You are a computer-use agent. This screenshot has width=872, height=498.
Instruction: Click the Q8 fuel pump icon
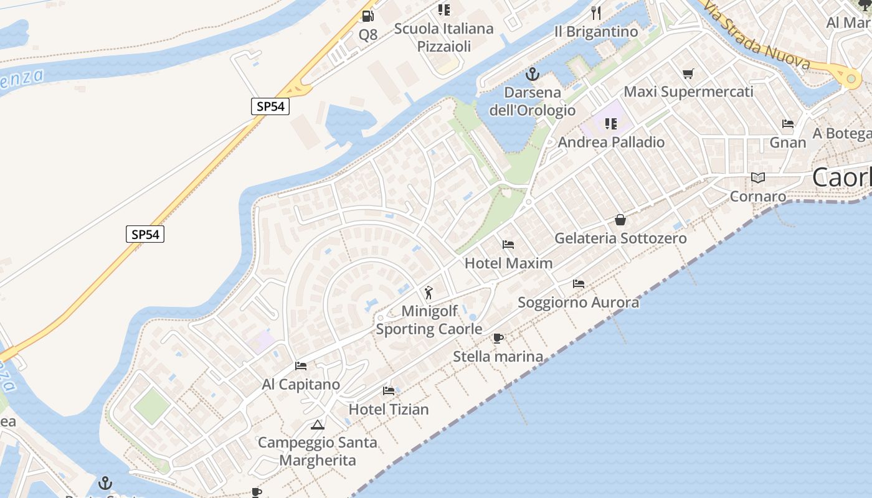pyautogui.click(x=368, y=16)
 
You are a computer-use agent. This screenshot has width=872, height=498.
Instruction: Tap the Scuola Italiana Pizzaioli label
pyautogui.click(x=443, y=37)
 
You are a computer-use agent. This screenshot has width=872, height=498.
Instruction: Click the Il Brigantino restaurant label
pyautogui.click(x=596, y=32)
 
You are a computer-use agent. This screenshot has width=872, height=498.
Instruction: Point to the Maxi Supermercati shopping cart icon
pyautogui.click(x=688, y=74)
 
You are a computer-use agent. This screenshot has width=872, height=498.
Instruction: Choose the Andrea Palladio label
pyautogui.click(x=611, y=142)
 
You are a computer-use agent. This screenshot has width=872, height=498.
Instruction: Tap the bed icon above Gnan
pyautogui.click(x=788, y=124)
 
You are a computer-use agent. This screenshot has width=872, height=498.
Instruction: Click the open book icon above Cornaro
pyautogui.click(x=758, y=178)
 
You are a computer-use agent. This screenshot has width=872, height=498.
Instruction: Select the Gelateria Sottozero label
pyautogui.click(x=620, y=238)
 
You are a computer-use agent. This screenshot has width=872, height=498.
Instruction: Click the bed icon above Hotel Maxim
pyautogui.click(x=508, y=245)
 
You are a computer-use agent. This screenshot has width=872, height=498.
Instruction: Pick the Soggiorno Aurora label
pyautogui.click(x=578, y=303)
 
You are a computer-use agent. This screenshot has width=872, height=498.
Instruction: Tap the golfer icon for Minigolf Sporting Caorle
pyautogui.click(x=429, y=293)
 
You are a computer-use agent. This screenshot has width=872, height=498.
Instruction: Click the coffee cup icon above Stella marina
pyautogui.click(x=498, y=339)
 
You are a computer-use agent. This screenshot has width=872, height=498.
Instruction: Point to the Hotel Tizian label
pyautogui.click(x=389, y=409)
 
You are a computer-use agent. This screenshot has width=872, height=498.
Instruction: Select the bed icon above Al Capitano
pyautogui.click(x=301, y=366)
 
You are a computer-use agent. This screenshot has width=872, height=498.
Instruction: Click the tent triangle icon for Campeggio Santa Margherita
pyautogui.click(x=318, y=425)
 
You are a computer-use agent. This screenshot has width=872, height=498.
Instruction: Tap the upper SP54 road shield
pyautogui.click(x=270, y=106)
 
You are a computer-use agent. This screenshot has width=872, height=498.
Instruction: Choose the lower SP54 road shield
pyautogui.click(x=145, y=235)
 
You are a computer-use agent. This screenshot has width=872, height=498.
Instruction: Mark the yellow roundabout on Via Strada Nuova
pyautogui.click(x=851, y=78)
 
